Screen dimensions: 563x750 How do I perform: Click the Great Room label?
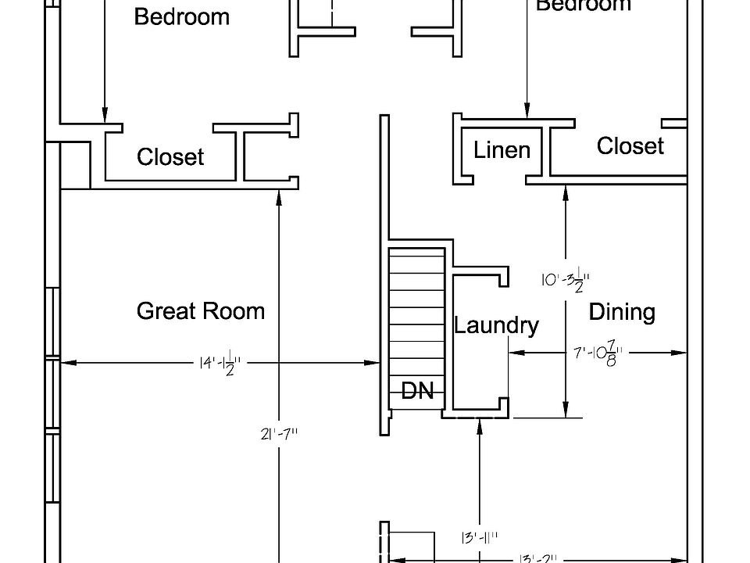click(201, 311)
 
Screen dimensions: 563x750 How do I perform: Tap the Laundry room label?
click(496, 325)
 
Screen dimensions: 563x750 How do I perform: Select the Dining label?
click(621, 313)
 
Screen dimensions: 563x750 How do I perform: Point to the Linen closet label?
click(502, 150)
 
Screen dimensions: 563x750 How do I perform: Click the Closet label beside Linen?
click(630, 146)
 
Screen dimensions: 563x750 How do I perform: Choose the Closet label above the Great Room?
click(170, 157)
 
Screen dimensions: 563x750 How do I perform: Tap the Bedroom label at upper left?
click(182, 17)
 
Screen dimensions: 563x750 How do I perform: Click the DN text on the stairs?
click(417, 391)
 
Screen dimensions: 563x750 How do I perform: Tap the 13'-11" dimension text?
click(479, 537)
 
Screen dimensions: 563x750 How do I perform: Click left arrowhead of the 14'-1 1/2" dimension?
click(66, 362)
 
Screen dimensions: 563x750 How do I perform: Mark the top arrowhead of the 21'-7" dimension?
click(280, 198)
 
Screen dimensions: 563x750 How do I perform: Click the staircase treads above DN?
click(417, 313)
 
